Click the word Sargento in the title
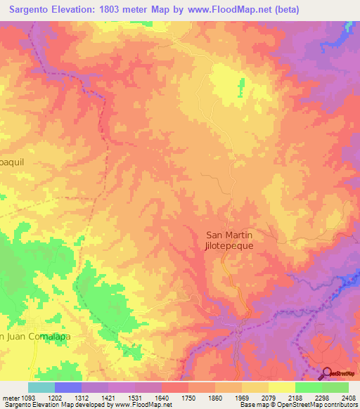click(37, 10)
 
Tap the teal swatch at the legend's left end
click(41, 387)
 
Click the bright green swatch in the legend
click(308, 387)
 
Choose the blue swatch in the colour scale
click(68, 387)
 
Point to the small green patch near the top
click(241, 89)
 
